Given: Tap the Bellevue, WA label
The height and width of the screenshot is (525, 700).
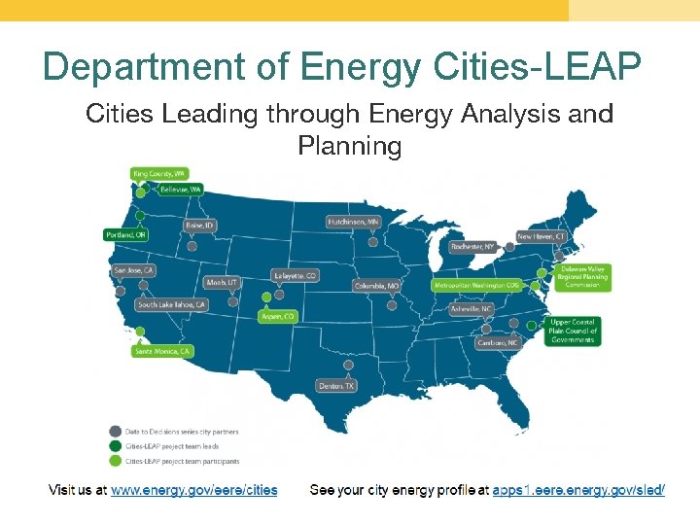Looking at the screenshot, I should point(181,189).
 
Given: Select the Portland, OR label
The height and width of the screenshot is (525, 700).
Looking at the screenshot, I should point(126,235).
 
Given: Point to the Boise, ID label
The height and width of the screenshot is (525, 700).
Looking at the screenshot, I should point(199,226).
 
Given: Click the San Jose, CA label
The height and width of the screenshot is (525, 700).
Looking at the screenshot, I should point(134,270).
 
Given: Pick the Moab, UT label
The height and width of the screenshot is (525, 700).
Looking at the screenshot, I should point(222,282).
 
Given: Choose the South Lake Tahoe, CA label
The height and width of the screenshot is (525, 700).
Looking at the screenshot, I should point(172,305).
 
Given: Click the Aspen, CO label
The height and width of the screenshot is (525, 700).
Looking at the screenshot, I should point(277,316).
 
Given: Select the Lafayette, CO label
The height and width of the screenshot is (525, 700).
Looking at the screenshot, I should point(296,276).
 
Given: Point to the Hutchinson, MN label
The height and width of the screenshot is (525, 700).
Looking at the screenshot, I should point(353,222).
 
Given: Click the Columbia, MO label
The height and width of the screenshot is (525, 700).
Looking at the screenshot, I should point(376,286).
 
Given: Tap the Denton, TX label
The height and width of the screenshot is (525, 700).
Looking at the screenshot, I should point(336,386).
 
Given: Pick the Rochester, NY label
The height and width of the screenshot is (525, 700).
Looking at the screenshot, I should point(472,247).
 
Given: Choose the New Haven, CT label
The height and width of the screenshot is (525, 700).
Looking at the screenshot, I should point(541,236).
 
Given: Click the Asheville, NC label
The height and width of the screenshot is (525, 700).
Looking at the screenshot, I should point(472,308).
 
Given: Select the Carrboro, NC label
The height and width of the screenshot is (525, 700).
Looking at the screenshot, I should point(498,343).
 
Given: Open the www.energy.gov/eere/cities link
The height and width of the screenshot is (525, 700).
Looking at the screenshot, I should point(193,490).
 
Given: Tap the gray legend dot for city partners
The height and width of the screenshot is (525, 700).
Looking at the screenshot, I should point(116,432).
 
